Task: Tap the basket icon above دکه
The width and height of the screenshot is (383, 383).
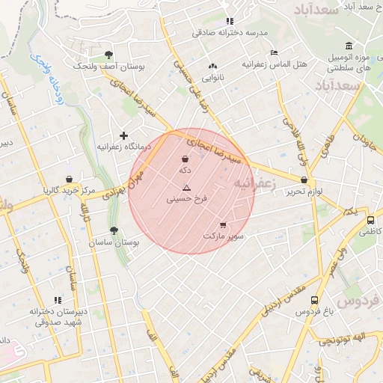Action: pyautogui.click(x=185, y=158)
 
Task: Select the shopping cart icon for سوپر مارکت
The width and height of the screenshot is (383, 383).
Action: pyautogui.click(x=223, y=224)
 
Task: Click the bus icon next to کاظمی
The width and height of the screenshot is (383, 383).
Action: pyautogui.click(x=370, y=221)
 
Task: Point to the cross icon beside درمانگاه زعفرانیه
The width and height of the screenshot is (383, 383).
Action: pyautogui.click(x=123, y=135)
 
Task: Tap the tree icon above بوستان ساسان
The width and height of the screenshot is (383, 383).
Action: pyautogui.click(x=114, y=231)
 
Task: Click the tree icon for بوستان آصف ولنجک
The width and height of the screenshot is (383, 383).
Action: pyautogui.click(x=109, y=55)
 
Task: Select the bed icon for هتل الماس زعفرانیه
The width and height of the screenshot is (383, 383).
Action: pyautogui.click(x=275, y=53)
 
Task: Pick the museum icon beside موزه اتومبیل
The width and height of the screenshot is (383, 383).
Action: pyautogui.click(x=349, y=46)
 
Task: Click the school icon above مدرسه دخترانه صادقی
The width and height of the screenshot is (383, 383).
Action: pyautogui.click(x=230, y=21)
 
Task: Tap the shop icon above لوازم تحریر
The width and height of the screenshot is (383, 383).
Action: pyautogui.click(x=304, y=180)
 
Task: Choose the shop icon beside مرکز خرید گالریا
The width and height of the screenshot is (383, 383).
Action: pyautogui.click(x=69, y=180)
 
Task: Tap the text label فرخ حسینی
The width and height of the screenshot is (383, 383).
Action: pyautogui.click(x=186, y=200)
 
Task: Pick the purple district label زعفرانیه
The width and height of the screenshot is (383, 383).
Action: pyautogui.click(x=254, y=183)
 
